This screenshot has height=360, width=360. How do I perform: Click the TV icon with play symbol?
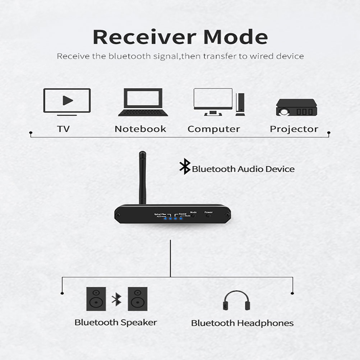point(67,101)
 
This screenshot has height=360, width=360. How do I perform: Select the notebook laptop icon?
point(143,102)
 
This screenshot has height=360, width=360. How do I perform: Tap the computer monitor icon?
point(213,99)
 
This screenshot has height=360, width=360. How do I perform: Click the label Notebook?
point(140,129)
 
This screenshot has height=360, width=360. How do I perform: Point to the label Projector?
point(294,129)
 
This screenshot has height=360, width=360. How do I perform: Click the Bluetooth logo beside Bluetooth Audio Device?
point(185,167)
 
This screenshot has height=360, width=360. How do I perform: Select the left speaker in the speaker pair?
point(96,299)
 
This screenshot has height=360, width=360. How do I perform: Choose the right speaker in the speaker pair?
point(138,299)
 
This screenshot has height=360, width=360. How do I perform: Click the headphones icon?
point(236,301)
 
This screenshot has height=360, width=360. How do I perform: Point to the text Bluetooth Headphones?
point(242,323)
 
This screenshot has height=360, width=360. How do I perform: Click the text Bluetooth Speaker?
point(116,322)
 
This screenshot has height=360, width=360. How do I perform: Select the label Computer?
point(214,129)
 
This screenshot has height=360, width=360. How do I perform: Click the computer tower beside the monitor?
point(240,104)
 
